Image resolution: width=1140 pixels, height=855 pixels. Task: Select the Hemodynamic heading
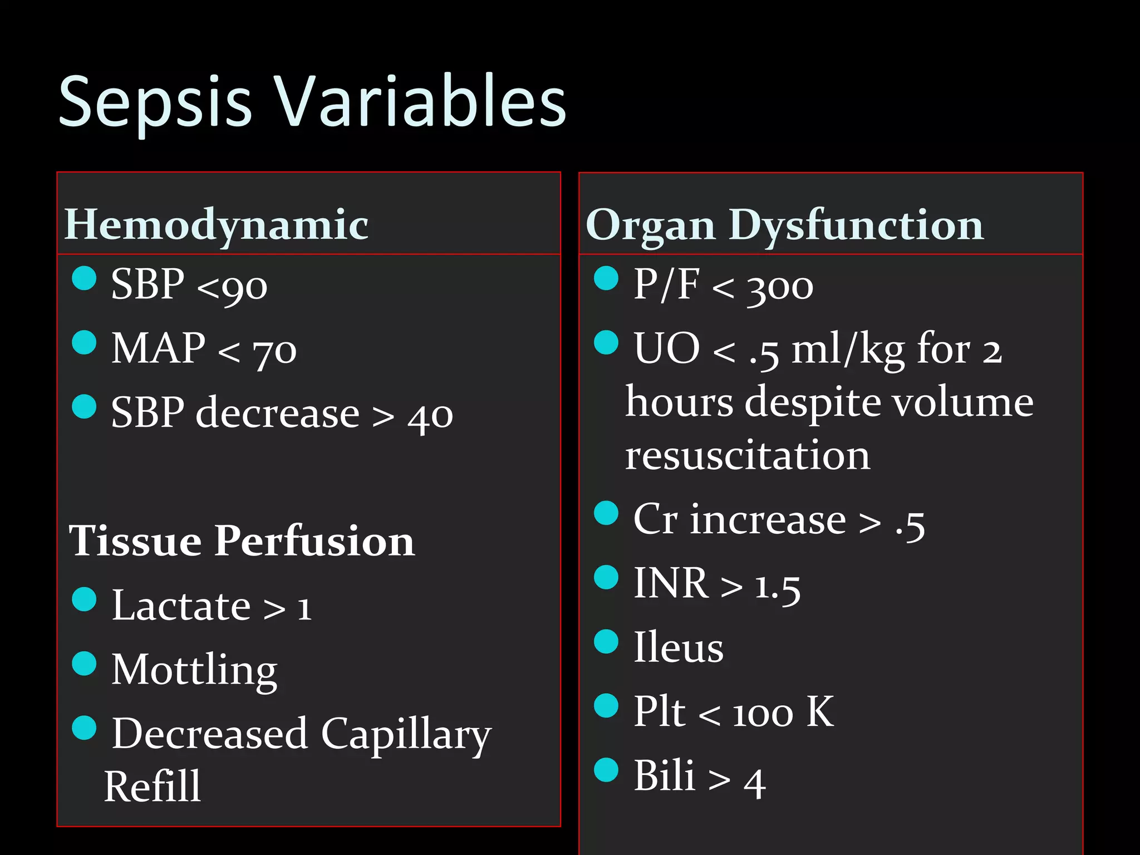pos(216,225)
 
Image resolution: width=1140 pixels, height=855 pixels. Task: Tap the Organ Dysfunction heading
pos(784,225)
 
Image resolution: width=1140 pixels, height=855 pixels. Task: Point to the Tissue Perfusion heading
pos(242,540)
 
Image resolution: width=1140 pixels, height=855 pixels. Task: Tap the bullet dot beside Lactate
pos(85,599)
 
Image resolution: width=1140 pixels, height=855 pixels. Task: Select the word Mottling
pos(194,670)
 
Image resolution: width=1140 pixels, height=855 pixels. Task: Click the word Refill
pos(153,787)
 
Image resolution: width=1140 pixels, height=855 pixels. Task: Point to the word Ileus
pos(679,647)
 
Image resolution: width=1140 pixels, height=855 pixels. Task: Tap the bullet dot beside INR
pos(606,577)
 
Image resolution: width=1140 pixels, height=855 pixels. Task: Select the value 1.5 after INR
pos(778,587)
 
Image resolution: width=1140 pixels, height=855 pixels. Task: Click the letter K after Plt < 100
pos(820,711)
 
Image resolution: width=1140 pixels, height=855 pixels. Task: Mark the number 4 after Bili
pos(755,783)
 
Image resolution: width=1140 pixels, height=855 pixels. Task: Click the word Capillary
pos(406,734)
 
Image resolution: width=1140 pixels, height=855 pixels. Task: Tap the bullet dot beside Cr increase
pos(606,513)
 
